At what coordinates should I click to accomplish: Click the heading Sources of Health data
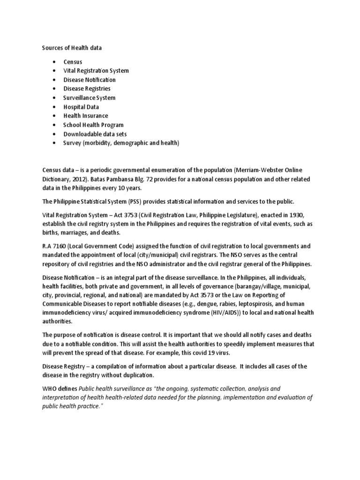click(72, 48)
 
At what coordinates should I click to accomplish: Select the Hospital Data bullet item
click(81, 107)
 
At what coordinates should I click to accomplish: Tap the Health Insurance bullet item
click(86, 116)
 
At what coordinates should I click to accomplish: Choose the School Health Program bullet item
click(93, 125)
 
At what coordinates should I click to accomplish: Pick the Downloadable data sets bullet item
click(95, 134)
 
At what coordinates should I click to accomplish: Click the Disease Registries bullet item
click(87, 89)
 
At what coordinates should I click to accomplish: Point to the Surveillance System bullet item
click(89, 98)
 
